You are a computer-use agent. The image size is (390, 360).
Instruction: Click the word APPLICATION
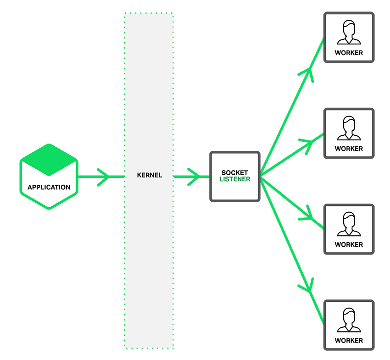coord(49,187)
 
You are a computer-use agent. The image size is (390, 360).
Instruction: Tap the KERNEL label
coord(149,175)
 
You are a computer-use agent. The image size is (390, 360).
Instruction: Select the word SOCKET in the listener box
coord(234,173)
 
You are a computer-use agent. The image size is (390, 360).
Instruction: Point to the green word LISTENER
coord(234,179)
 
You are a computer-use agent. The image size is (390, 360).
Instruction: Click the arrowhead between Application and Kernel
coord(104,177)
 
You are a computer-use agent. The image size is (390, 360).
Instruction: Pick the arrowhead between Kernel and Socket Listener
coord(195,177)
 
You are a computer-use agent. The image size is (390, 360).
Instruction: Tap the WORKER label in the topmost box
coord(349,53)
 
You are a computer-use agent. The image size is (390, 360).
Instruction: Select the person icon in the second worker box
coord(349,128)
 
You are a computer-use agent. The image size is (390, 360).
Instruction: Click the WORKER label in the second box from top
coord(349,149)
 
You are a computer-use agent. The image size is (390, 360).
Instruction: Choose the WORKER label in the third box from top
coord(349,244)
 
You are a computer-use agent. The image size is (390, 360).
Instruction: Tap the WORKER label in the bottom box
coord(349,340)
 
